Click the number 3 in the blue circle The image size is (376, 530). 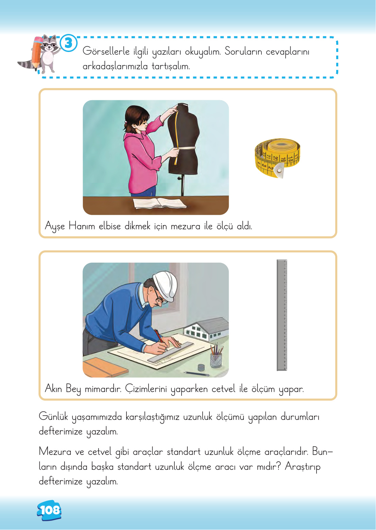tap(69, 43)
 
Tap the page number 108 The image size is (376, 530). tap(50, 510)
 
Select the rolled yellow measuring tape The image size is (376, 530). tap(277, 157)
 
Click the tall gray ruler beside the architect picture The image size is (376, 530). tap(282, 315)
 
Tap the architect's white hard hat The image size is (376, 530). tap(166, 282)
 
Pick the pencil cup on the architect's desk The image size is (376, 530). tap(216, 359)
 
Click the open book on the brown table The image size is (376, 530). tap(159, 204)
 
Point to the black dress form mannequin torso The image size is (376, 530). tap(184, 139)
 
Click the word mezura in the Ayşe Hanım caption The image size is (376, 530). tap(185, 226)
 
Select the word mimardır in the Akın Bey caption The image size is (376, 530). tap(103, 389)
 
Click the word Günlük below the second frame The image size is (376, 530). tap(53, 417)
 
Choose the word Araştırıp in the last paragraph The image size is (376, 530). tap(303, 466)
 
